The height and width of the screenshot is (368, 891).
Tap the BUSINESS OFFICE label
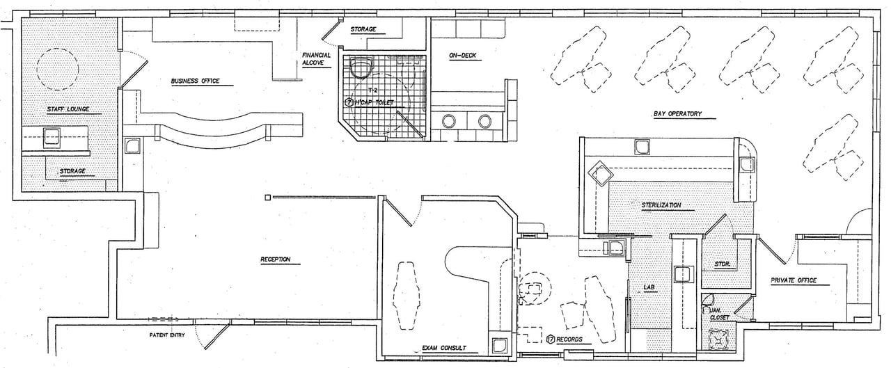tap(195, 81)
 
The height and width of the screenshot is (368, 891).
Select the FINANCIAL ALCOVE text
tap(316, 59)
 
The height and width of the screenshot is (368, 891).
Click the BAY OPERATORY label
tap(677, 113)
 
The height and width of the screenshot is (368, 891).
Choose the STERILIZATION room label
tap(661, 205)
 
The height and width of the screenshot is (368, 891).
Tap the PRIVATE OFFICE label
tap(793, 281)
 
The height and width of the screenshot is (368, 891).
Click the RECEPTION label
tap(275, 259)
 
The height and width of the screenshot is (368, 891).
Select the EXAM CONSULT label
tap(444, 348)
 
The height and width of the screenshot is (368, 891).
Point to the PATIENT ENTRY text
tap(168, 335)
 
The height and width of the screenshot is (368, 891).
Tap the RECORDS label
tap(569, 340)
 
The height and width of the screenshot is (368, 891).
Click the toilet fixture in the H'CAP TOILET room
tap(360, 67)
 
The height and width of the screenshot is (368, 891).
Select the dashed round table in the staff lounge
tap(57, 68)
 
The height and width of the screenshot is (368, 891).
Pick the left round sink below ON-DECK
tap(449, 122)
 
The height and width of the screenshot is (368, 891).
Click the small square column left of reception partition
tap(268, 198)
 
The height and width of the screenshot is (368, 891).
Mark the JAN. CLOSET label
tap(719, 314)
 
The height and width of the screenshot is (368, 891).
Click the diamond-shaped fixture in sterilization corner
tap(600, 173)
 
